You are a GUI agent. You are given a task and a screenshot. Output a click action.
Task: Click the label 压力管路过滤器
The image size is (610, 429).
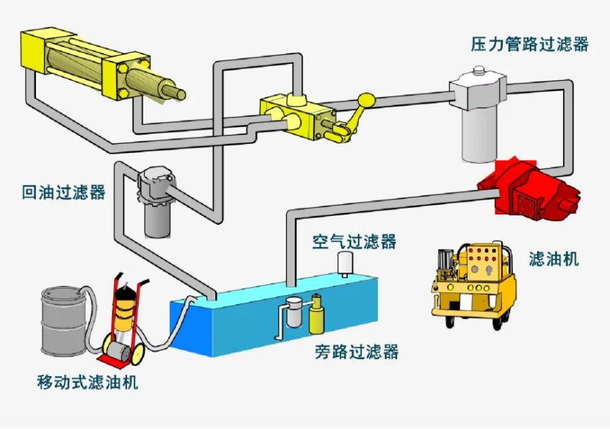click(529, 44)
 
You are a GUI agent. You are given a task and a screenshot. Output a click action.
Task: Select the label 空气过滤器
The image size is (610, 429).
click(354, 242)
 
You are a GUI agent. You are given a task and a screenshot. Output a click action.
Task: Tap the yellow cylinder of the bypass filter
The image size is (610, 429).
click(317, 316)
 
